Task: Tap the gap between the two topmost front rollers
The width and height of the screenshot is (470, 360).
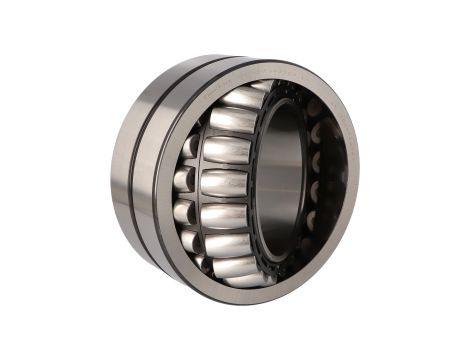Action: pos(236,108)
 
